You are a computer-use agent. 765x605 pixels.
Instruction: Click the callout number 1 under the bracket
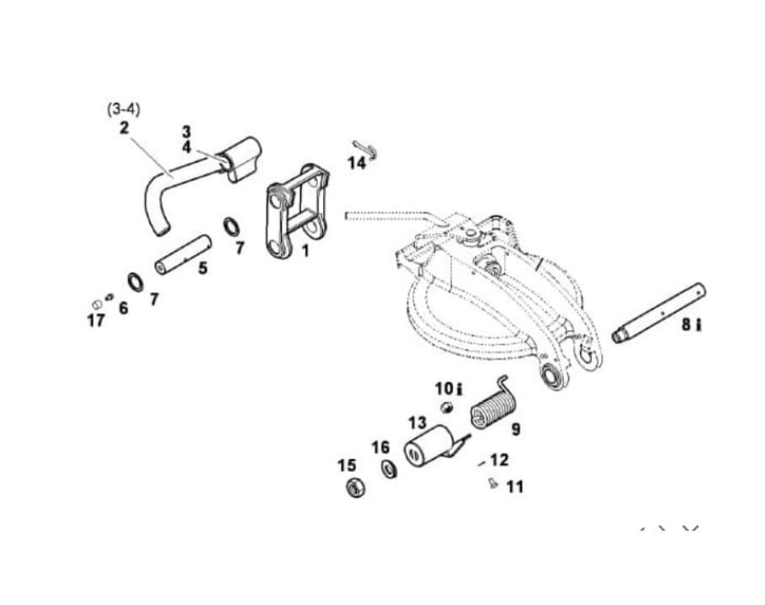[x=305, y=251]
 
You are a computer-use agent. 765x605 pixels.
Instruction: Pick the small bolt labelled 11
[x=492, y=483]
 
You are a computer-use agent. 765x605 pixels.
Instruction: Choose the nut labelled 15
[x=356, y=488]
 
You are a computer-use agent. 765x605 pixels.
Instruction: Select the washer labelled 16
[x=390, y=468]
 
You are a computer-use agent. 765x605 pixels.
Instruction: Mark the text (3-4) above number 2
[x=124, y=109]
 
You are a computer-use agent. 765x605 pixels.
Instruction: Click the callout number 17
[x=95, y=321]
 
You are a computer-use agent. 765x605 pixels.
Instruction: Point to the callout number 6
[x=123, y=308]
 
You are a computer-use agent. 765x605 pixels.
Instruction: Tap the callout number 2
[x=124, y=127]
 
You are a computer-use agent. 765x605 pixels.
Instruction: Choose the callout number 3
[x=186, y=132]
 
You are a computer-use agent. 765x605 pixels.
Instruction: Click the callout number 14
[x=357, y=163]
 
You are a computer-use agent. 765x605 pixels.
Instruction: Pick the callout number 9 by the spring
[x=515, y=429]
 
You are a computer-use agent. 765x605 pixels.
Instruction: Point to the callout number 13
[x=418, y=422]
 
